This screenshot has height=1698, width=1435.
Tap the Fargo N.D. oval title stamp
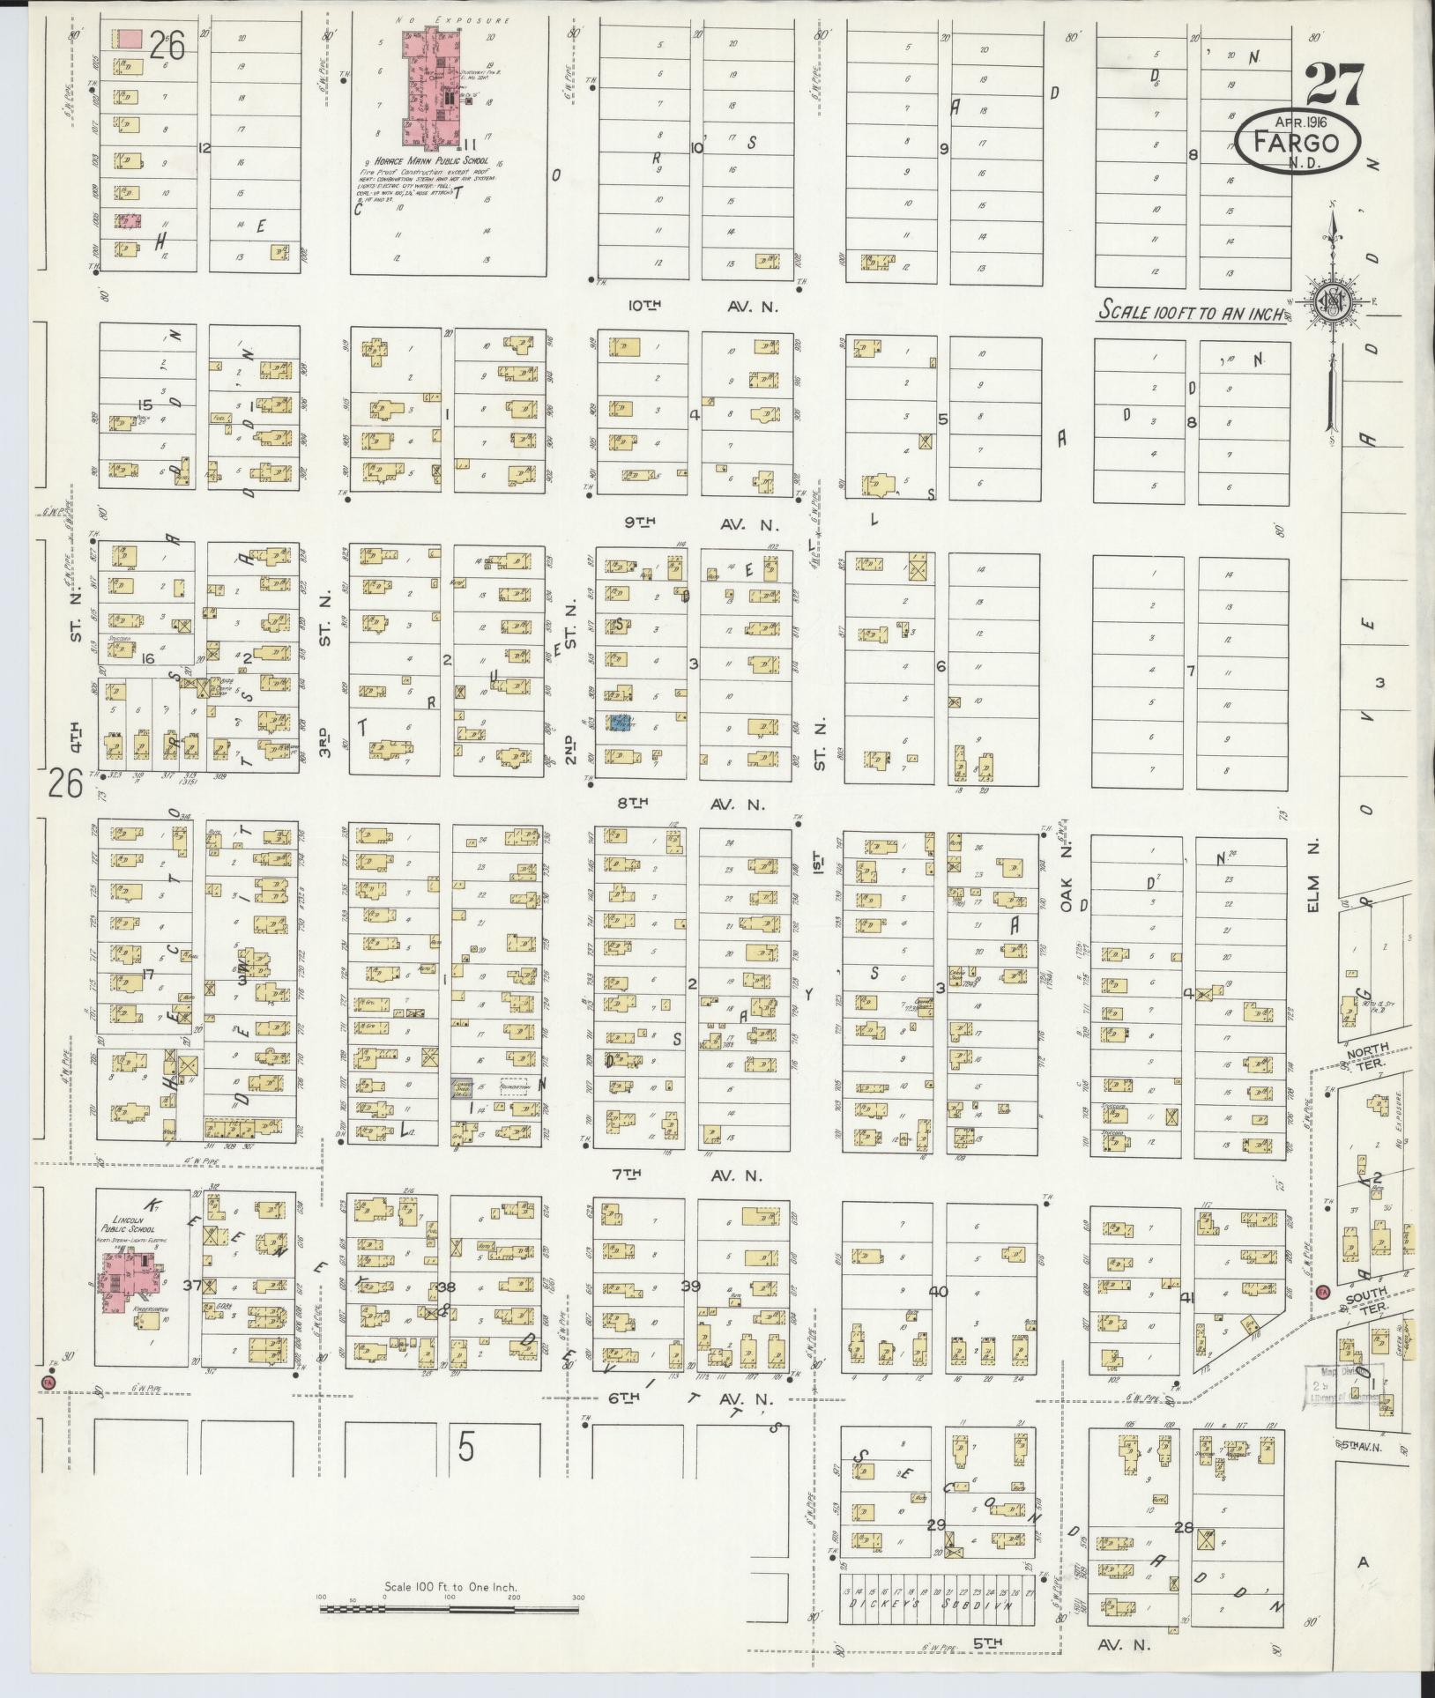(x=1296, y=144)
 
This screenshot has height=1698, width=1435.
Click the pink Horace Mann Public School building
(x=435, y=87)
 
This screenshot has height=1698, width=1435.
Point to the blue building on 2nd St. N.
(x=621, y=723)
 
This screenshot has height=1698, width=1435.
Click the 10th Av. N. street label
(x=700, y=307)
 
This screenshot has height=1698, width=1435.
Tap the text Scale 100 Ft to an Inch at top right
(x=1191, y=310)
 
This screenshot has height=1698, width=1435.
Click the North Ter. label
(x=1367, y=1055)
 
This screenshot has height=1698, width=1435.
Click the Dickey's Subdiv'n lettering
(x=937, y=1605)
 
